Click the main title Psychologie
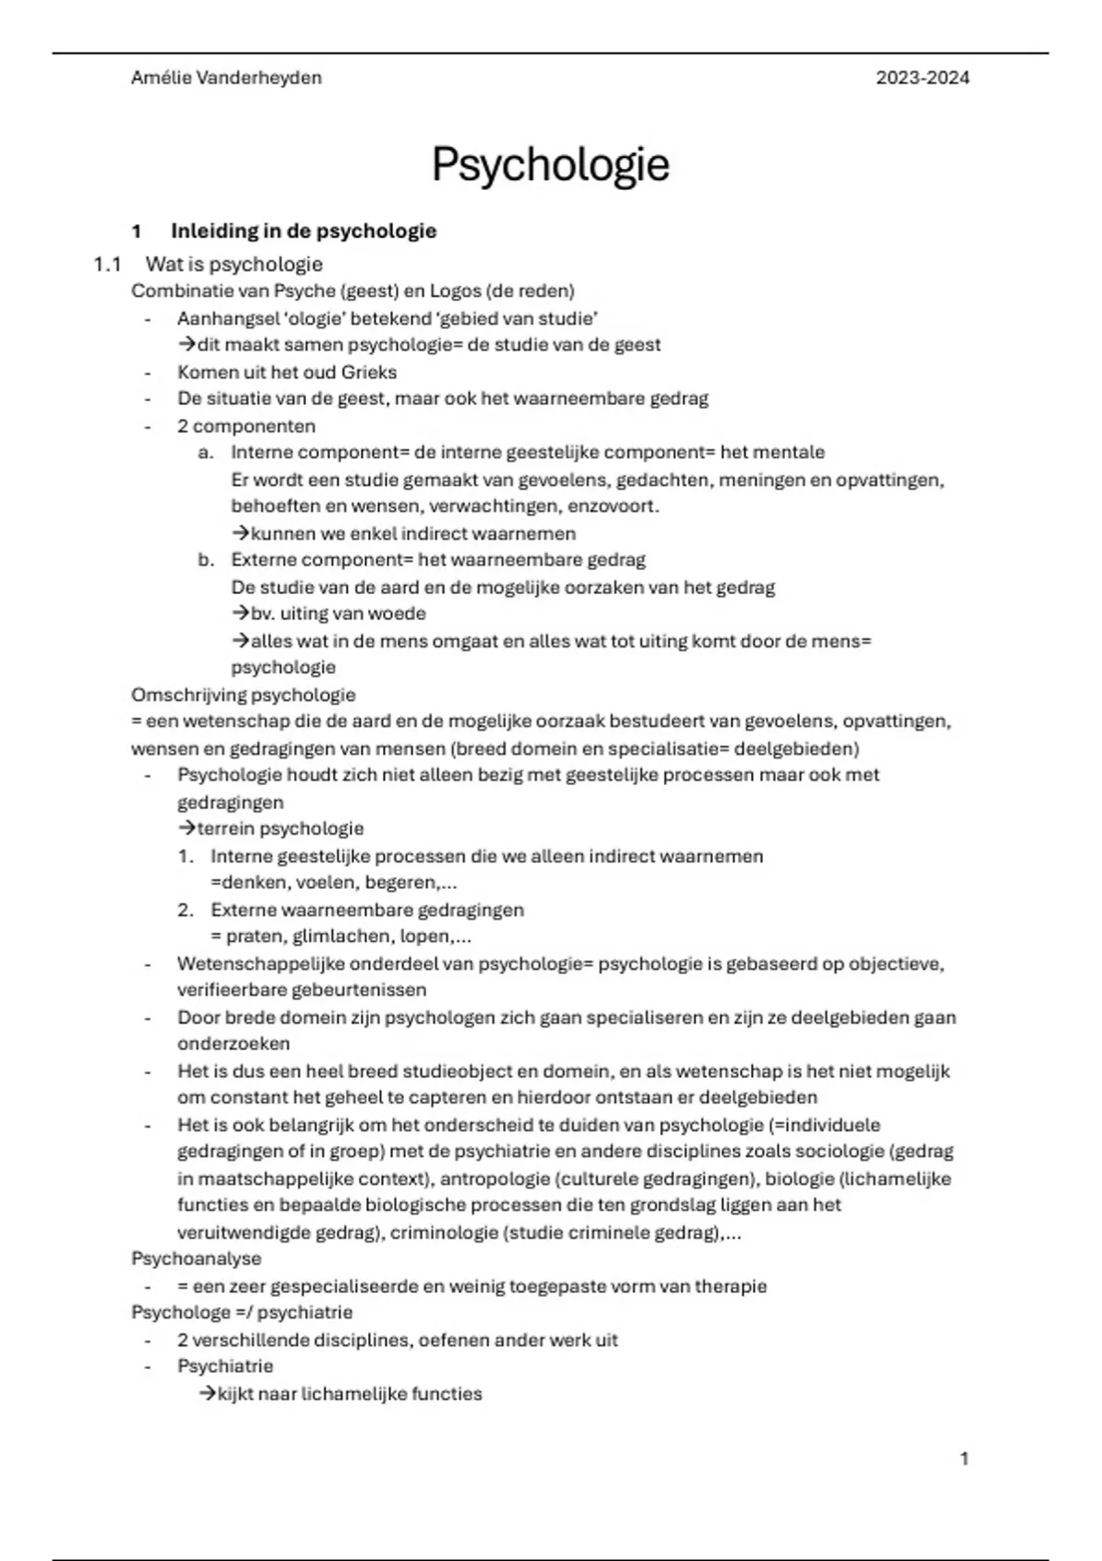coord(550,165)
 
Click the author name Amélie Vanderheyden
coord(226,78)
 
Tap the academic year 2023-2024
coord(922,78)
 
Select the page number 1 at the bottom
coord(964,1458)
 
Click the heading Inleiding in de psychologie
coord(303,231)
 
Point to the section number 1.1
coord(107,264)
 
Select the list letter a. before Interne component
coord(206,453)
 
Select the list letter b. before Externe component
coord(206,560)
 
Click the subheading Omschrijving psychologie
coord(243,695)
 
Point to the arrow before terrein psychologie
coord(186,829)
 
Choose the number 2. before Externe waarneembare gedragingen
coord(186,910)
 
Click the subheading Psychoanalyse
coord(197,1259)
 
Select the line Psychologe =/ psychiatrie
coord(242,1313)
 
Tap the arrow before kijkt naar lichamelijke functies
coord(208,1394)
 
